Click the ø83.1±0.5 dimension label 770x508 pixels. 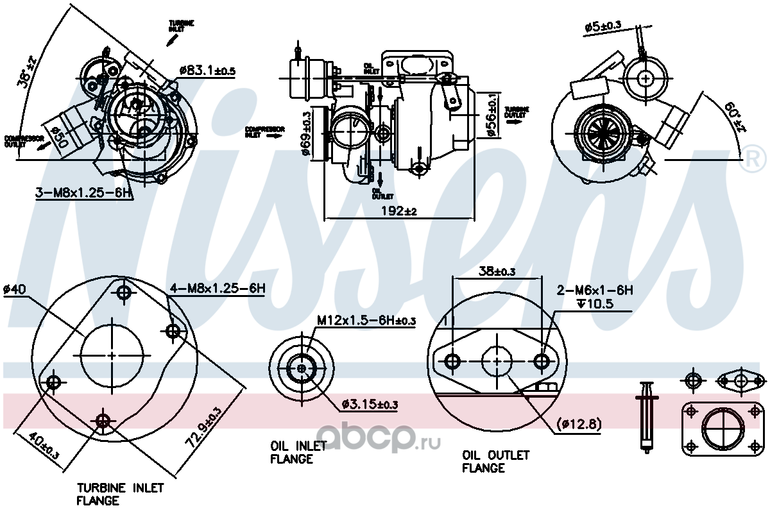coord(208,70)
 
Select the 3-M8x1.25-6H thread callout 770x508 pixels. coord(83,192)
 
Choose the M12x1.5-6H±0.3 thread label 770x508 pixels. coord(366,319)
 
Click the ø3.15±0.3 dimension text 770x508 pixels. coord(370,404)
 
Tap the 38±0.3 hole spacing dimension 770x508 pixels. coord(497,271)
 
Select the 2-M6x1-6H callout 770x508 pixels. coord(595,291)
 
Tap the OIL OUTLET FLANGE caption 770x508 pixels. coord(496,461)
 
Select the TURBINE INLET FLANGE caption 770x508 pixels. coord(120,494)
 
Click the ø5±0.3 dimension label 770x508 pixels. coord(603,26)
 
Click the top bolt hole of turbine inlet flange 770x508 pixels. coord(124,293)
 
